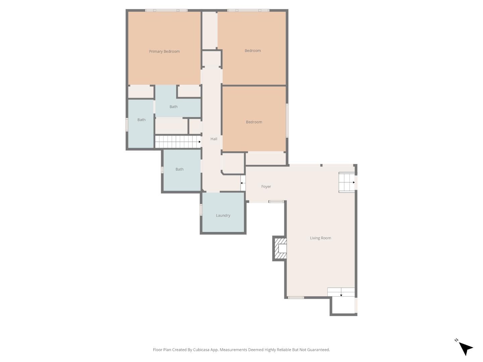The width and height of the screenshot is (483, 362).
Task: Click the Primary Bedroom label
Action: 164,51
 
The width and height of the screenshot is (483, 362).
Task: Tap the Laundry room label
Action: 223,216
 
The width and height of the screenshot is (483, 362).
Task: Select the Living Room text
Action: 320,238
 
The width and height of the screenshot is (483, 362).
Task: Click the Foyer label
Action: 266,187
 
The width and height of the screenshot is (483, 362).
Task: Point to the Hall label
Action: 214,139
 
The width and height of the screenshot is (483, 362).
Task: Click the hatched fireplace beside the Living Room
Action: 280,248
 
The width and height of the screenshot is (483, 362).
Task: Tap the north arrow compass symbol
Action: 465,348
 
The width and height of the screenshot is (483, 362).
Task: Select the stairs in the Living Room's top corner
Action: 346,182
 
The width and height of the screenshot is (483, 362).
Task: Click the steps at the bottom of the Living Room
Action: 341,292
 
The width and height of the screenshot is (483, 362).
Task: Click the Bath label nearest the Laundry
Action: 179,169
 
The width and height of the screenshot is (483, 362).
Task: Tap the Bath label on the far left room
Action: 142,120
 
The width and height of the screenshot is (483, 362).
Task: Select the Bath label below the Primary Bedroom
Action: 173,107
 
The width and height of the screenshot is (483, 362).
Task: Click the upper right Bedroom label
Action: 253,51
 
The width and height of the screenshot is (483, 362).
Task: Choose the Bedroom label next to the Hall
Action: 254,122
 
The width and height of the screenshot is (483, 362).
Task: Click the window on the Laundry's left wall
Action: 201,209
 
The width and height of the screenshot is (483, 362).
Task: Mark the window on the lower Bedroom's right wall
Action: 287,120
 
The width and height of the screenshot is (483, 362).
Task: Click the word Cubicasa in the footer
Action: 201,350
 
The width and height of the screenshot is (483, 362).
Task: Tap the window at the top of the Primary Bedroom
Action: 166,10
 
